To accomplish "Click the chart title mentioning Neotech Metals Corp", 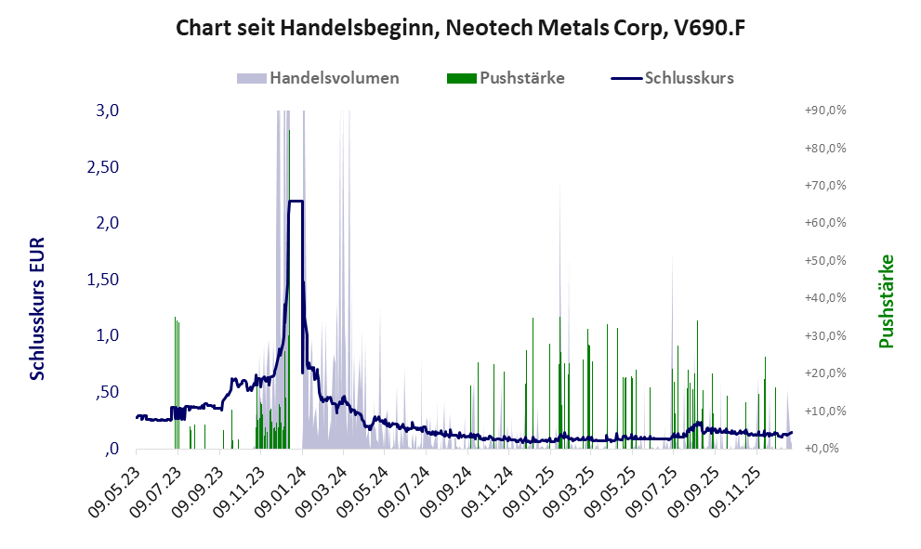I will [x=460, y=29].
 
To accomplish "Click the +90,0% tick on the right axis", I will [x=824, y=111].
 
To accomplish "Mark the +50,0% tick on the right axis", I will [x=824, y=260].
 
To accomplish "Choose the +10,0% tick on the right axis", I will [x=824, y=411].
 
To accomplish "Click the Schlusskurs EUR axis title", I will [x=38, y=307].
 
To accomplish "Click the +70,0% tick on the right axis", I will [x=824, y=186].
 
